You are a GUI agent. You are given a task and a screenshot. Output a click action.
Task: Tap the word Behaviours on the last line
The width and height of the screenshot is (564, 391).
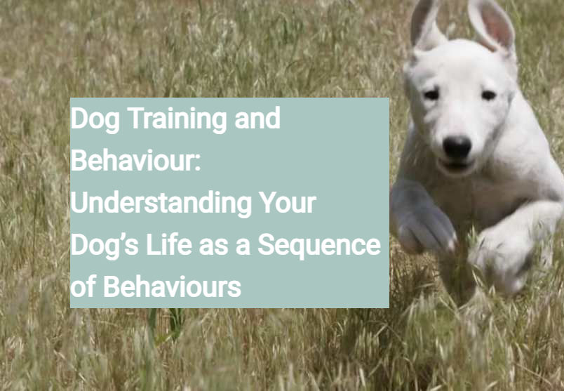click(172, 287)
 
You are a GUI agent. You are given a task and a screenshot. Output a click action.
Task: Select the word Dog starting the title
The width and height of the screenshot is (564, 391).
click(95, 119)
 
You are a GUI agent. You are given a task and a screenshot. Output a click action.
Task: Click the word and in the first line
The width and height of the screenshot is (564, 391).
click(256, 119)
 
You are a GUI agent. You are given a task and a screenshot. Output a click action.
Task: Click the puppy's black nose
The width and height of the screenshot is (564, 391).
click(457, 146)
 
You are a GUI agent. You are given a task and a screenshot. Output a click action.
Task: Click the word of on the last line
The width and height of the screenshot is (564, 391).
click(84, 287)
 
